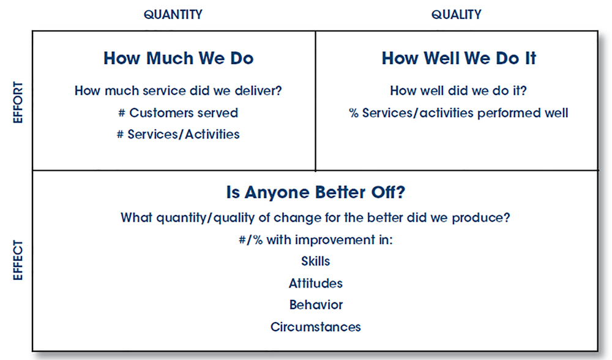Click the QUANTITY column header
pos(173,15)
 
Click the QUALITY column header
pos(457,15)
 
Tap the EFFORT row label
pos(18,102)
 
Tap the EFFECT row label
pos(18,260)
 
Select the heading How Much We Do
pos(178,58)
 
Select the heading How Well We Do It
pos(459,58)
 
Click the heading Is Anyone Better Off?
pos(316,192)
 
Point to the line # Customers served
pos(178,113)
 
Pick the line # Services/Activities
pos(178,134)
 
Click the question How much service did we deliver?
pos(178,91)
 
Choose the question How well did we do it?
pos(458,91)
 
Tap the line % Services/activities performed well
pos(458,113)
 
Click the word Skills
pos(316,261)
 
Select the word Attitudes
pos(316,283)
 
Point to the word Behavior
pos(316,304)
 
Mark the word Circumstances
pos(316,327)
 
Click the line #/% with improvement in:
pos(316,239)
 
